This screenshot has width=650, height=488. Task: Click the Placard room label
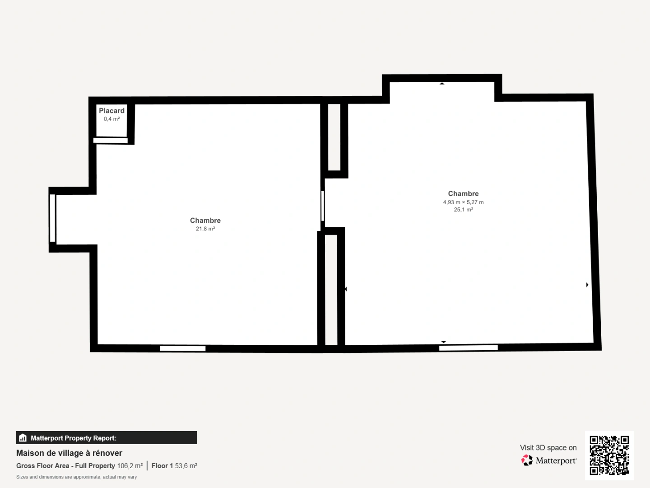tap(111, 111)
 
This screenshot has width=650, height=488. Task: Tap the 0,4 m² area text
tap(111, 119)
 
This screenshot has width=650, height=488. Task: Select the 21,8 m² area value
tap(205, 229)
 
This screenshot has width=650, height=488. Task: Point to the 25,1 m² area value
tap(463, 210)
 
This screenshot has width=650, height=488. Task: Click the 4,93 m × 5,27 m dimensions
tap(463, 202)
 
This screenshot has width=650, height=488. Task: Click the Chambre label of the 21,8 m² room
tap(205, 221)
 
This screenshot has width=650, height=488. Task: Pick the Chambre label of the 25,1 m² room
tap(463, 194)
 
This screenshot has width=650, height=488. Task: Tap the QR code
tap(609, 455)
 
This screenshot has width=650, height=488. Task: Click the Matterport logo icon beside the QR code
tap(527, 460)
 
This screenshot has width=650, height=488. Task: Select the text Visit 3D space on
tap(548, 448)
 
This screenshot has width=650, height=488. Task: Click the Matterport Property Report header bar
tap(107, 438)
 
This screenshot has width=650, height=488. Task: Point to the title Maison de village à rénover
tap(69, 453)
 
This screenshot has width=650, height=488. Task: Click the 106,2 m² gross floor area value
tap(130, 466)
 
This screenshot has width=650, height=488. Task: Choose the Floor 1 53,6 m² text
tap(174, 466)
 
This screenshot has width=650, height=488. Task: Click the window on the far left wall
tap(52, 218)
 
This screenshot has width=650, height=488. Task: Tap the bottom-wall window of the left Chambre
tap(183, 348)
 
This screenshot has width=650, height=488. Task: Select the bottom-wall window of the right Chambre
tap(468, 347)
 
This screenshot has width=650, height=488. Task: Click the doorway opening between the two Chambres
tap(323, 206)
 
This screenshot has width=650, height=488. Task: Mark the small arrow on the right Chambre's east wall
tap(587, 285)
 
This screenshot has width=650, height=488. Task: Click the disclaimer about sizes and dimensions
tap(76, 477)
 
